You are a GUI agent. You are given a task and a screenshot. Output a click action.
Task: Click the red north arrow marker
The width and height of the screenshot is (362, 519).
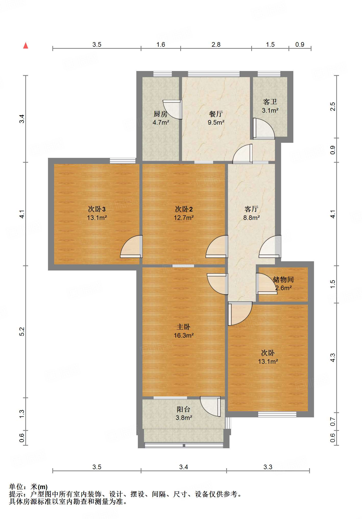pyautogui.click(x=26, y=45)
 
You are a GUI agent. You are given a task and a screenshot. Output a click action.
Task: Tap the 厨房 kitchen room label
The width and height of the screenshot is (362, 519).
pyautogui.click(x=161, y=114)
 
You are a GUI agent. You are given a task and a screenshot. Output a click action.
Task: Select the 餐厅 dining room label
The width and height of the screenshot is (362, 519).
pyautogui.click(x=216, y=114)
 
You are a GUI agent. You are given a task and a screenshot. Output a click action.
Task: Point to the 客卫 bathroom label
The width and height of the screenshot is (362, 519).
pyautogui.click(x=270, y=102)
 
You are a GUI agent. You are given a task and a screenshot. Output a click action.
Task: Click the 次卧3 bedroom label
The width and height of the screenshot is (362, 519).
pyautogui.click(x=97, y=209)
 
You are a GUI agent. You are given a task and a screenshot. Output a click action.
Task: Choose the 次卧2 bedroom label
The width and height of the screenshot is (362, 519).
pyautogui.click(x=184, y=209)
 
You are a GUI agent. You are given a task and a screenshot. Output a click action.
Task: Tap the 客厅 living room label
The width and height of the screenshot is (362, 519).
pyautogui.click(x=251, y=209)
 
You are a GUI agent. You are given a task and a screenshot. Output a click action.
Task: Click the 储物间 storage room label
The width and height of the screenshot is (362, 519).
pyautogui.click(x=283, y=279)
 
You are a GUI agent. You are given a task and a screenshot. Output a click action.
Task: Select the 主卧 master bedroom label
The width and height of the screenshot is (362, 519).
pyautogui.click(x=184, y=327)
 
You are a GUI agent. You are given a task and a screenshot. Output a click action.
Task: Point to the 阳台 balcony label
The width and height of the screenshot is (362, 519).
pyautogui.click(x=184, y=409)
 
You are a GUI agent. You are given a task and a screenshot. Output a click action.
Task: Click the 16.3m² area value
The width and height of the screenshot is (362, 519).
pyautogui.click(x=184, y=335)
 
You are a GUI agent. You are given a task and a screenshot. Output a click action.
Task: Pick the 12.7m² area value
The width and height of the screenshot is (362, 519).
pyautogui.click(x=184, y=218)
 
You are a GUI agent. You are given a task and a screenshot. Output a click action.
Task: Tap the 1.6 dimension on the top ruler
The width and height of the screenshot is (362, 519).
pyautogui.click(x=161, y=45)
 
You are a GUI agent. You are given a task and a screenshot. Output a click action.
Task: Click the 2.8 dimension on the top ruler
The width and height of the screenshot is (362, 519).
pyautogui.click(x=216, y=45)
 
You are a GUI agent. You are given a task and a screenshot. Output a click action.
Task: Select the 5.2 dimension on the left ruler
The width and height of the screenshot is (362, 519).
pyautogui.click(x=22, y=332)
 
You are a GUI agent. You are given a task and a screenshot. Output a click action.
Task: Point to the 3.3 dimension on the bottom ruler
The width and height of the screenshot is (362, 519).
pyautogui.click(x=268, y=467)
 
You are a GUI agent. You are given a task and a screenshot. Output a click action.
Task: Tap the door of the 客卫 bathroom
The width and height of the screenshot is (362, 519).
pyautogui.click(x=264, y=129)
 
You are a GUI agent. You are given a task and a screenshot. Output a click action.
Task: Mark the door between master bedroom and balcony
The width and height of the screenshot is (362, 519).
pyautogui.click(x=210, y=406)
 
